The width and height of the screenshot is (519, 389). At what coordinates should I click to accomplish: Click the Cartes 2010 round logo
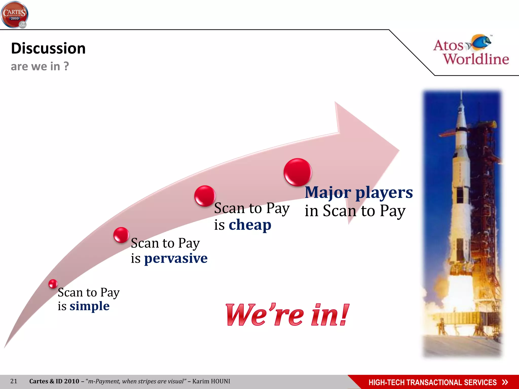point(14,15)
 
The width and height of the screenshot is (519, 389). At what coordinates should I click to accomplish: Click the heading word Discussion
point(48,48)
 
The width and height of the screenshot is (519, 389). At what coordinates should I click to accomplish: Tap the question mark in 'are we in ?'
point(66,66)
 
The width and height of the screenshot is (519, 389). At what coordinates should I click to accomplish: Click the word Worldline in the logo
point(476,59)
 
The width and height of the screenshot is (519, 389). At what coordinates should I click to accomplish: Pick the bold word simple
point(89,306)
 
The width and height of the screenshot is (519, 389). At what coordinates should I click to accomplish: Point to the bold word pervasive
point(176,258)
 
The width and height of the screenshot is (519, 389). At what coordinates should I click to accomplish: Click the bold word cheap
point(250,225)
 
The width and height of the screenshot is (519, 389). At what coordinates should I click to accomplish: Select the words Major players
point(359,192)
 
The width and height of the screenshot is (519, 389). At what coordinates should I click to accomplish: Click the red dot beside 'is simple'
point(53,284)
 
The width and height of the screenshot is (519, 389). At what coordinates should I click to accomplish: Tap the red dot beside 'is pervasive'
point(121,235)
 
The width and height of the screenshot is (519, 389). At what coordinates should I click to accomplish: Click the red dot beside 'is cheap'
point(205,196)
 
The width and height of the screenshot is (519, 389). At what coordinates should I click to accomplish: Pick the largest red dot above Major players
point(298,172)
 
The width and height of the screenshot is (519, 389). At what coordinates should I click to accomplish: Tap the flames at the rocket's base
point(446,291)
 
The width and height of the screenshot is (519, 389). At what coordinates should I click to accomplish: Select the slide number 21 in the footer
point(14,381)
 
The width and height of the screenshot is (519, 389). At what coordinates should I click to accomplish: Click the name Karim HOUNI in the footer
point(211,381)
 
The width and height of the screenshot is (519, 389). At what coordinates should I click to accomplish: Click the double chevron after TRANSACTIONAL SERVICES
point(505,382)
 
